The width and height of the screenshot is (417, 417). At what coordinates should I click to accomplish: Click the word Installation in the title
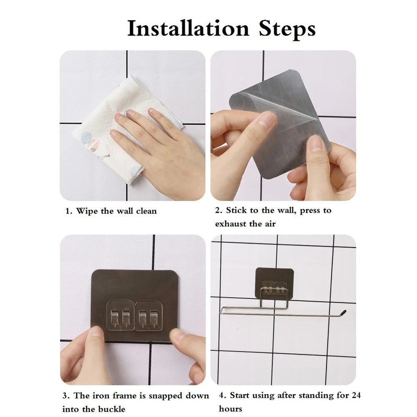(x=188, y=28)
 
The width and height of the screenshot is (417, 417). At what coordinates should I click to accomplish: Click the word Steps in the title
(x=287, y=29)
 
